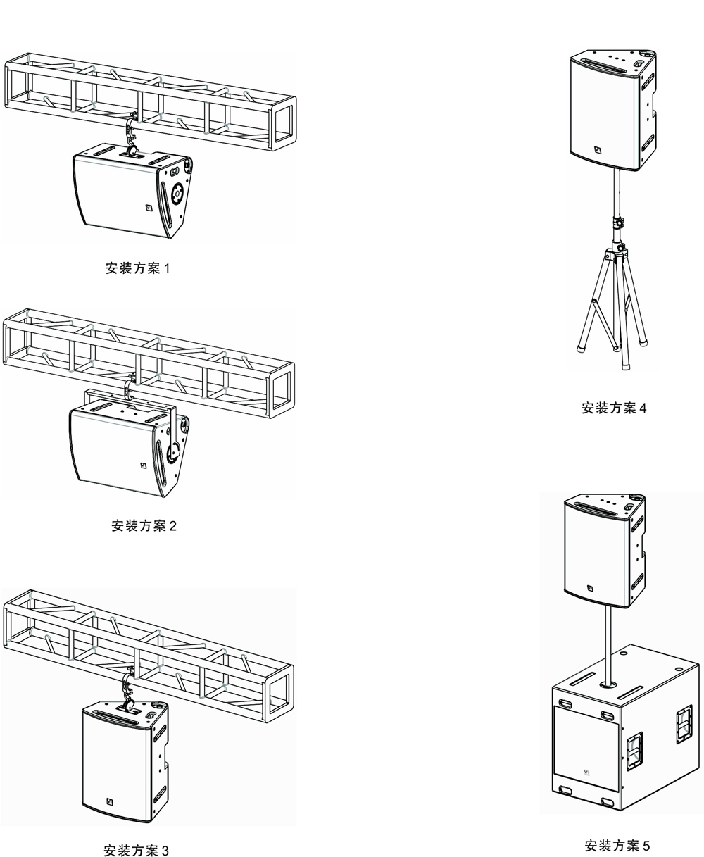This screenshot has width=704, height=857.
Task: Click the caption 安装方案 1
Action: (x=138, y=268)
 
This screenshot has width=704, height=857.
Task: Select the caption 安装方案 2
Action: (x=144, y=525)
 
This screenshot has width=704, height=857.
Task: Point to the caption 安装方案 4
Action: (x=614, y=408)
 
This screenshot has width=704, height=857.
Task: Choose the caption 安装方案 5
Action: (x=617, y=846)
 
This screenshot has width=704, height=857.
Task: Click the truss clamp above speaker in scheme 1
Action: (x=130, y=132)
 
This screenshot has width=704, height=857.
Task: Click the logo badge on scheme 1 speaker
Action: (x=149, y=208)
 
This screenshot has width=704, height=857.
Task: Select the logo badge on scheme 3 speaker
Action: (x=110, y=801)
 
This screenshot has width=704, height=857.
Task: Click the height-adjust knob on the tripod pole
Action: (x=620, y=223)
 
